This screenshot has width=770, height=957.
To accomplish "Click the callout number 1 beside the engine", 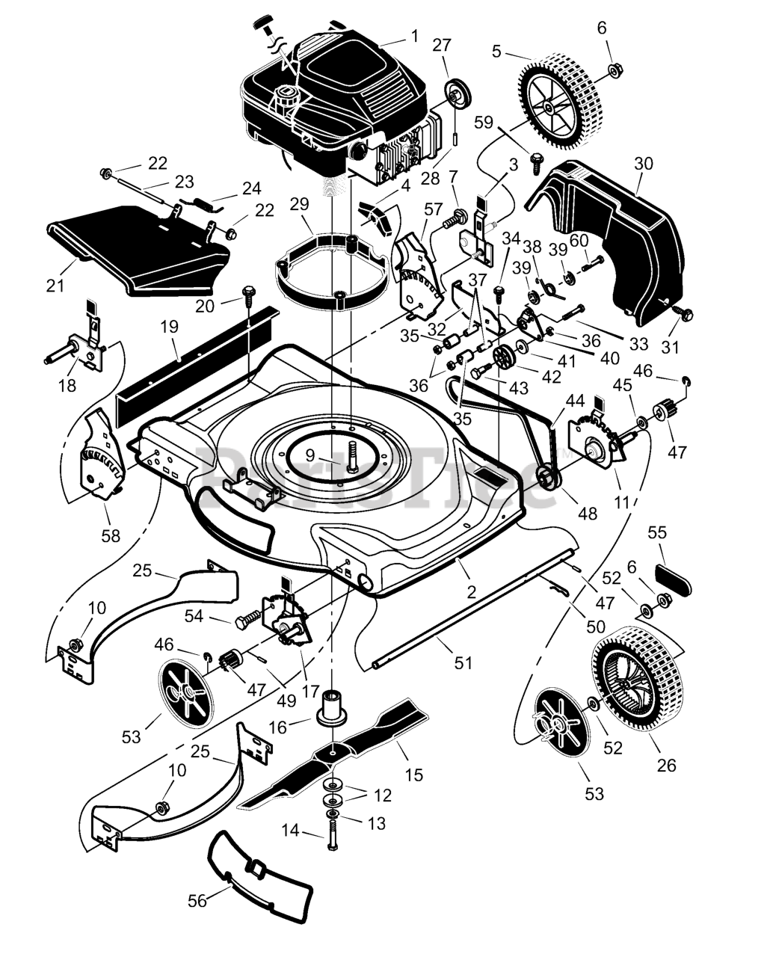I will click(x=414, y=35).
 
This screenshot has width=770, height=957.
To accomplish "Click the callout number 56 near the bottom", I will click(x=197, y=902).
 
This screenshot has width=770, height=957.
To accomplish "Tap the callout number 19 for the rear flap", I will click(x=169, y=326).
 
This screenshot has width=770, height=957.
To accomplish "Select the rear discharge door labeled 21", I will click(x=135, y=250).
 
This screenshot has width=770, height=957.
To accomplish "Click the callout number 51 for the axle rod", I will click(x=463, y=662).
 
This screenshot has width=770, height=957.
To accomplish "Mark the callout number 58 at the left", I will click(x=111, y=536).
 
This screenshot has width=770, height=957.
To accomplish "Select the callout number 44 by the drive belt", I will click(x=576, y=401).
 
